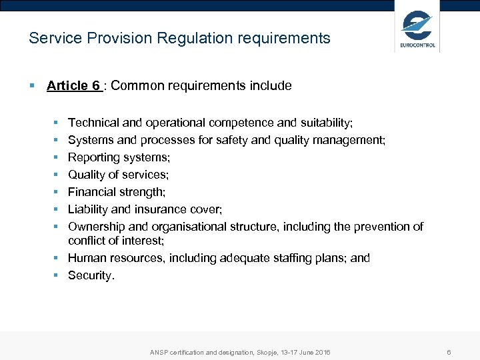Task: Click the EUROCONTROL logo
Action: [417, 28]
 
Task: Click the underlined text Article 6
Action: [73, 85]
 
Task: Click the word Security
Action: [91, 275]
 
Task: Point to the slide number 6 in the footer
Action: [449, 352]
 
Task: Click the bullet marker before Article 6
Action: [31, 85]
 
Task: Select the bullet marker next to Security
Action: [59, 275]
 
